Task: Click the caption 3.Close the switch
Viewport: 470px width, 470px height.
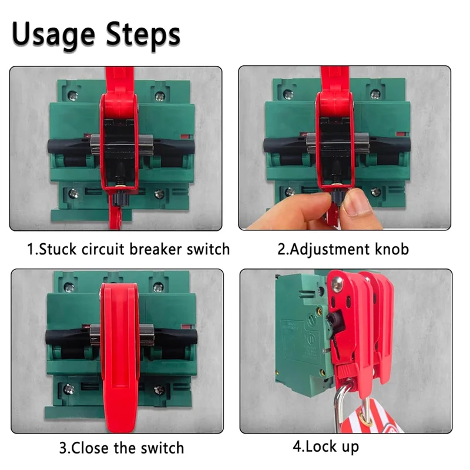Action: [122, 448]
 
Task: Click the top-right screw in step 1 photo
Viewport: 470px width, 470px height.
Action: [159, 95]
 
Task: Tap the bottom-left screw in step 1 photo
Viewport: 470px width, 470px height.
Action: [73, 194]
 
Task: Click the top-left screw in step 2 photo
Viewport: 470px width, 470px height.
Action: [288, 95]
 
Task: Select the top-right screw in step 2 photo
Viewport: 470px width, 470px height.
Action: [375, 95]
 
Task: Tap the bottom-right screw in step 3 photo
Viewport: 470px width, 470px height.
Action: [159, 390]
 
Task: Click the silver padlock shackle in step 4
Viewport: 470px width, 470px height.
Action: [341, 405]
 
